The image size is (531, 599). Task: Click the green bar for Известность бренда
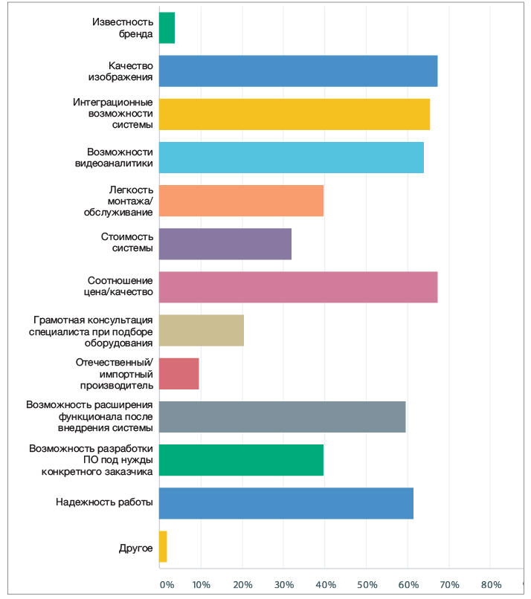point(167,27)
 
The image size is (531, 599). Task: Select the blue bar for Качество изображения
point(297,71)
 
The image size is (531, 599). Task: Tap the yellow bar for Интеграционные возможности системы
point(294,114)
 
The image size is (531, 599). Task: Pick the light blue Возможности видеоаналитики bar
point(291,157)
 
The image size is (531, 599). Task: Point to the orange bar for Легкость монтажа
point(241,200)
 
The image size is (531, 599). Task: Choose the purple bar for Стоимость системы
point(225,243)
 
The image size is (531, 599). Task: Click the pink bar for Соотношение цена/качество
point(297,287)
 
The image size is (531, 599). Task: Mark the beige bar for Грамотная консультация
point(201,330)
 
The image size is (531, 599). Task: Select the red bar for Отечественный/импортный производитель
point(178,373)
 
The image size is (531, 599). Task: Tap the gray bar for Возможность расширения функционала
point(282,416)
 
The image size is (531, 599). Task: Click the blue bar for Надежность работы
point(286,503)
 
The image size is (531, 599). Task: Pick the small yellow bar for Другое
point(163,546)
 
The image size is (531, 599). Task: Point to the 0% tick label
point(167,583)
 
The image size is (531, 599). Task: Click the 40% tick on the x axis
point(324,583)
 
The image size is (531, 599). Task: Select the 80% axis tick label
point(491,583)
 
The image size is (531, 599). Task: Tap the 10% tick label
point(200,583)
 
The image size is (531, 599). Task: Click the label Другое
point(136,548)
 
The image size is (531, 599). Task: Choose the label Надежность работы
point(104,503)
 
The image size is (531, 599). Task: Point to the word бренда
point(137,33)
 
